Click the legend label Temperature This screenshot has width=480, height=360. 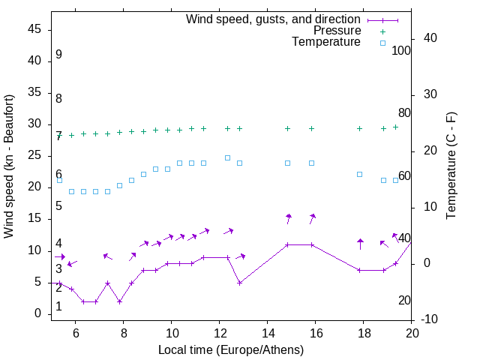326,42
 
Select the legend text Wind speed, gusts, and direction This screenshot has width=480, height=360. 274,19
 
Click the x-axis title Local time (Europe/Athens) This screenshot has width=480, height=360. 231,350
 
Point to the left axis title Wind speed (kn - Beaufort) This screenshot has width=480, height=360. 9,166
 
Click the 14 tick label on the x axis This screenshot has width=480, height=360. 268,333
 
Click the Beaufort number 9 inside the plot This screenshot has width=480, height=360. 58,55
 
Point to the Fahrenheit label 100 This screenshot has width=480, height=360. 401,51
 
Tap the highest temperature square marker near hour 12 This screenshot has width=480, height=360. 228,158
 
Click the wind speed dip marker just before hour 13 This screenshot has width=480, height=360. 239,283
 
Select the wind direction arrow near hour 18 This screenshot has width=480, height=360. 360,243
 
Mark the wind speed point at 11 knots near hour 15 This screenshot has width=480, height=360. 288,244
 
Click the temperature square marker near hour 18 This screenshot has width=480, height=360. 360,174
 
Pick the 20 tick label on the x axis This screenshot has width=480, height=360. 412,333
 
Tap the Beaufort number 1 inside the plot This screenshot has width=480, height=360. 58,307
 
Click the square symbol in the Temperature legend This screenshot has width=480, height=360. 382,43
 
